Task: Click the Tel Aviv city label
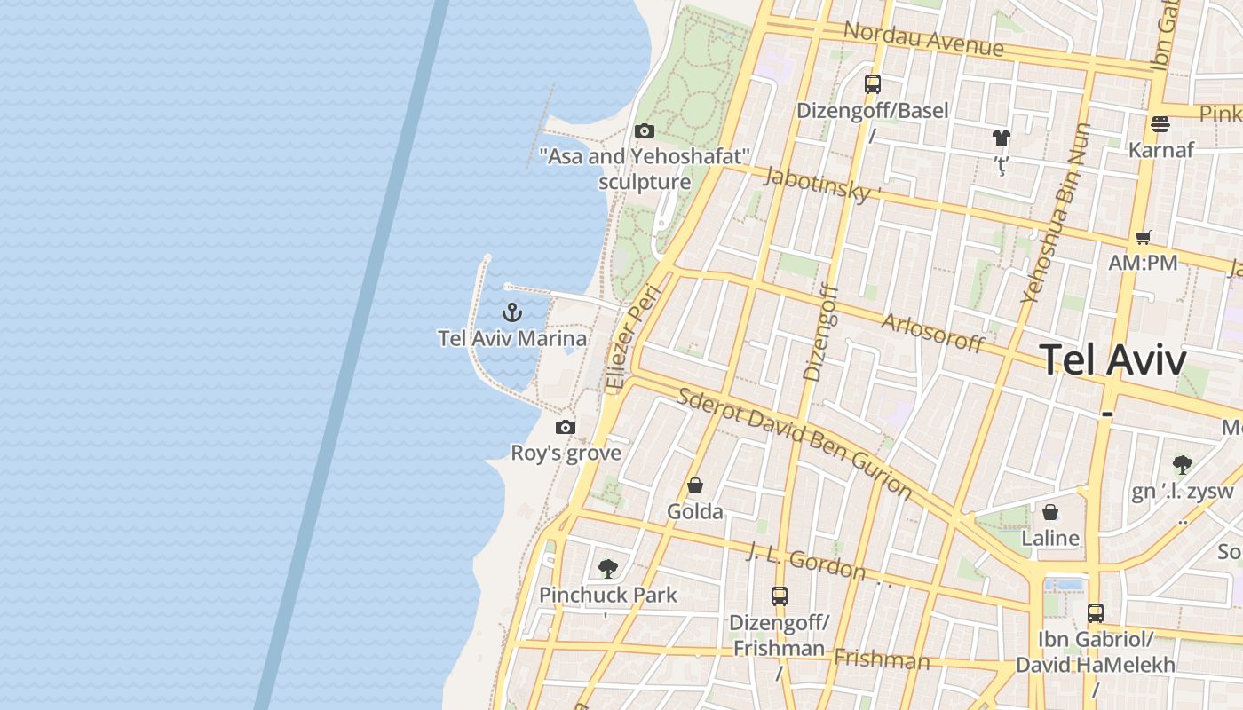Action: coord(1112,360)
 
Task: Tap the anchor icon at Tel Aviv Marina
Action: coord(512,312)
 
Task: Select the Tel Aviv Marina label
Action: coord(512,338)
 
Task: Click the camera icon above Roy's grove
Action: coord(566,428)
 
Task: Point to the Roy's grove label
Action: coord(566,453)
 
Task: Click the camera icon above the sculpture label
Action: coord(645,131)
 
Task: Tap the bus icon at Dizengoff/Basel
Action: coord(873,84)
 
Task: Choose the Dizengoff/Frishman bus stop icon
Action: coord(780,596)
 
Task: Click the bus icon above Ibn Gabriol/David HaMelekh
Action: coord(1096,613)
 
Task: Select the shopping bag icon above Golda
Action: coord(695,486)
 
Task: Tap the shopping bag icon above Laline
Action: coord(1050,513)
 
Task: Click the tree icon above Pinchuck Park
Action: coord(608,569)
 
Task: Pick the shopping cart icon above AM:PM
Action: coord(1144,237)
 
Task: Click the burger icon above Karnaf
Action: coord(1160,123)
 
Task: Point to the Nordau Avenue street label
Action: coord(923,39)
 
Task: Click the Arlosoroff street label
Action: coord(932,333)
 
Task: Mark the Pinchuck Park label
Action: coord(608,595)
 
